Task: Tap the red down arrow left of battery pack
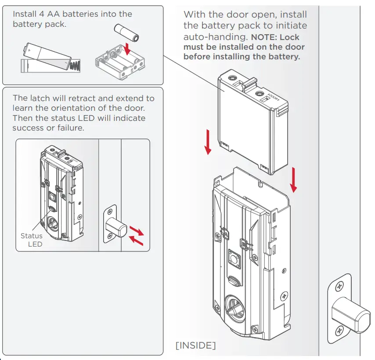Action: point(208,143)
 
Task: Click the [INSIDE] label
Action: point(195,346)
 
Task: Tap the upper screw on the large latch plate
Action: point(341,286)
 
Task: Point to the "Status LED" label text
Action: point(32,240)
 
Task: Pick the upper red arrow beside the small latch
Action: point(137,230)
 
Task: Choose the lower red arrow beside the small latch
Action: point(136,240)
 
